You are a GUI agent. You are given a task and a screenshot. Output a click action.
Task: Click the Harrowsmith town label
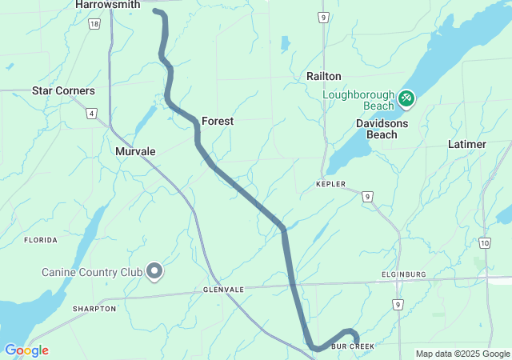click(107, 5)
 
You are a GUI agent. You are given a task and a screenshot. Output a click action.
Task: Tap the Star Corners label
click(63, 91)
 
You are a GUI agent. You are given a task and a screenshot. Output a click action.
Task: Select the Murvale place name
click(135, 151)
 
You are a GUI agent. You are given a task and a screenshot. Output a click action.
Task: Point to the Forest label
click(217, 121)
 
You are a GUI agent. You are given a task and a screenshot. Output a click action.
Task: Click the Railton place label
click(324, 76)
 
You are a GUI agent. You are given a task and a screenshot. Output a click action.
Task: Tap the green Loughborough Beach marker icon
click(406, 98)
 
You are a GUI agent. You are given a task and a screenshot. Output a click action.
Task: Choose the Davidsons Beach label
click(382, 129)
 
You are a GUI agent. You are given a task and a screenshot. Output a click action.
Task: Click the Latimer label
click(467, 144)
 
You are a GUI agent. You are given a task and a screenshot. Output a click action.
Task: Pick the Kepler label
click(331, 184)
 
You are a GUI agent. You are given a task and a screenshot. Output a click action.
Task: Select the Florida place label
click(41, 240)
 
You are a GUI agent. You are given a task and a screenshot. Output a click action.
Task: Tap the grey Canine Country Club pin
click(154, 273)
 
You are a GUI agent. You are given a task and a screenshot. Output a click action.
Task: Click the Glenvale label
click(223, 290)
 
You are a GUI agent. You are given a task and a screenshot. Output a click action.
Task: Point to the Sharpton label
click(94, 309)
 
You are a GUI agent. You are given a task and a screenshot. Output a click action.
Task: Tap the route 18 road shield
click(95, 25)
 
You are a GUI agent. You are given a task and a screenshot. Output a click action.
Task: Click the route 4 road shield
click(92, 114)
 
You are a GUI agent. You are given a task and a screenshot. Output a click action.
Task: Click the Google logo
click(26, 350)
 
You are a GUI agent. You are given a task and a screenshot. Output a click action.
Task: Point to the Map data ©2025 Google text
click(462, 354)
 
